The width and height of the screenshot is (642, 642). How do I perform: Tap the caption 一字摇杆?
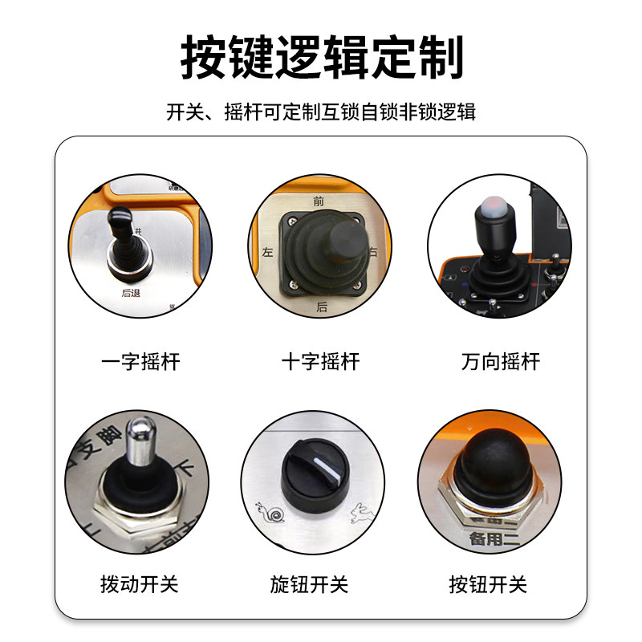[141, 362]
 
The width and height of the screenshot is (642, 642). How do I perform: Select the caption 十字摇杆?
[321, 362]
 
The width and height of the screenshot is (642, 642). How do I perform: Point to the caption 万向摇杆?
[501, 362]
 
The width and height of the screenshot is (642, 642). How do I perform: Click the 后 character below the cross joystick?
[322, 307]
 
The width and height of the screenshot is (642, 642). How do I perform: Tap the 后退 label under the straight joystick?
[131, 293]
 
